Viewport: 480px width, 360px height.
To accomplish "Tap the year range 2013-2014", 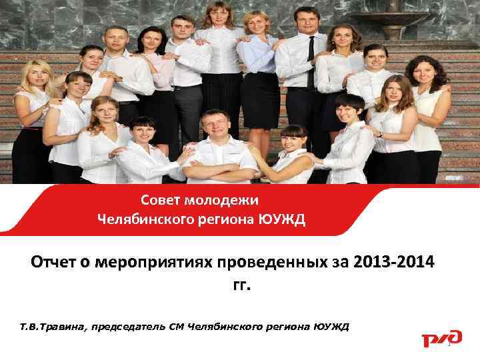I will tap(395, 262).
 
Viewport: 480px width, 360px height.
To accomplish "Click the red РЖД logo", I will tap(441, 337).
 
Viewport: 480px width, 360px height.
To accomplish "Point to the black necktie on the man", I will tap(311, 63).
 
